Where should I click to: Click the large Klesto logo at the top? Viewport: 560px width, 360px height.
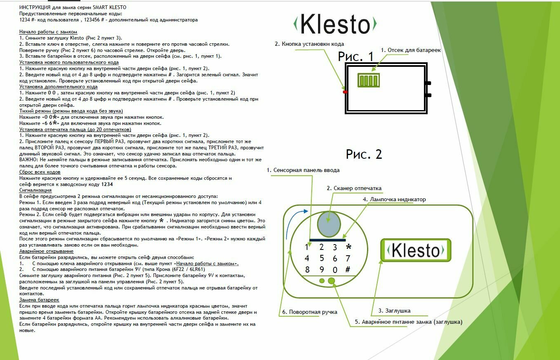(334, 24)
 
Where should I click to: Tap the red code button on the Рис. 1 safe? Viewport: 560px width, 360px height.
(345, 92)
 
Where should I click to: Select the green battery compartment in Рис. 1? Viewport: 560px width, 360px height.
(368, 80)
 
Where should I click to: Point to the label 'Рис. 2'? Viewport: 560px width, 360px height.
(364, 154)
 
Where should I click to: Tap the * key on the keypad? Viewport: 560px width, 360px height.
(348, 247)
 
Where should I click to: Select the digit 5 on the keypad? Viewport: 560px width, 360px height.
(321, 259)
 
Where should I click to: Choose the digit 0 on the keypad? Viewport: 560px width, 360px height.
(335, 270)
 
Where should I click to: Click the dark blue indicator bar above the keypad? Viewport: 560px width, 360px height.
(327, 240)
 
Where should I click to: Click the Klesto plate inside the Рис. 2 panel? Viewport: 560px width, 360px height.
(416, 250)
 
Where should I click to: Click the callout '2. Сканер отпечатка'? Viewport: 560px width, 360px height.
(354, 188)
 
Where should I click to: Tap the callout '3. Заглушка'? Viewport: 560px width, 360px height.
(394, 311)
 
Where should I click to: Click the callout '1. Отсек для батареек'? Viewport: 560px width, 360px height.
(411, 50)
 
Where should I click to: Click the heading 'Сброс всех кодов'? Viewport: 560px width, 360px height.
(40, 172)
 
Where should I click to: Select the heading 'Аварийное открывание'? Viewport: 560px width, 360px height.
(46, 251)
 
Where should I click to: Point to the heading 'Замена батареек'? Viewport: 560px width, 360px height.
(39, 300)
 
